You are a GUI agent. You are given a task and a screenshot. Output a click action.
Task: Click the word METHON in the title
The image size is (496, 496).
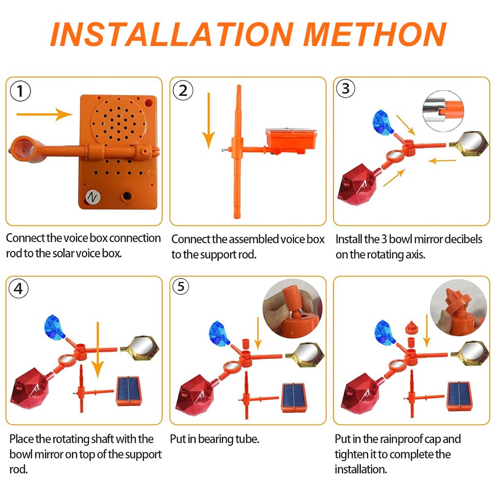point(374,34)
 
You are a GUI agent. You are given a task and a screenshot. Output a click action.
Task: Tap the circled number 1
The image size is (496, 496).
point(20,91)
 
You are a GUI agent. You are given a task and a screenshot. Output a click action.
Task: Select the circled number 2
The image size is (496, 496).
point(183,91)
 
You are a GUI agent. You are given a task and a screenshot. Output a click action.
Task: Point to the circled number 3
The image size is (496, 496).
point(345,88)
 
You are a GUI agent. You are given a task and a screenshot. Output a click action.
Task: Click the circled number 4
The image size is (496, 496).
point(18,288)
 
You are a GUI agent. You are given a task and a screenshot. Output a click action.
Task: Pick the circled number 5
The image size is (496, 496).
point(181,286)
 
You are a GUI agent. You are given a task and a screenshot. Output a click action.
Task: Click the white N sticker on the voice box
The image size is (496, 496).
point(93,198)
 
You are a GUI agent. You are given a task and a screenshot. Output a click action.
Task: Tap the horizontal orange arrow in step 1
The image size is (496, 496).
point(45,114)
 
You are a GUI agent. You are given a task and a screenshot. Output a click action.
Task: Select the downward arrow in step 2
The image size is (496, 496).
point(208,121)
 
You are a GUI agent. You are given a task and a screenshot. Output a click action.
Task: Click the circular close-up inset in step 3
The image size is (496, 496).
point(443,111)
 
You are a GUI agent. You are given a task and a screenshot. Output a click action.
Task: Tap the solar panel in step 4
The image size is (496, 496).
point(128,390)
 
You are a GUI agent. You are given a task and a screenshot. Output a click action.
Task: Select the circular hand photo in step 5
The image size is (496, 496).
point(292,309)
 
